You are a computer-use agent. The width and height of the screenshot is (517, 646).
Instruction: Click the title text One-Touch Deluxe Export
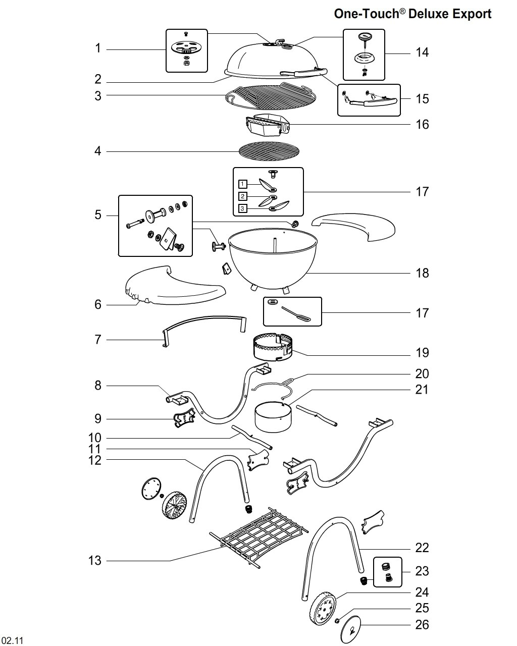coord(412,14)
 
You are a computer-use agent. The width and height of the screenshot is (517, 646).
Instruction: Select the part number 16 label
coord(422,124)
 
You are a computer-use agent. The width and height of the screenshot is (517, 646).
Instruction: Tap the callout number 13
coord(95,560)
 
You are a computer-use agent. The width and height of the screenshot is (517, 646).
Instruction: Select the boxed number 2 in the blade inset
coord(243,196)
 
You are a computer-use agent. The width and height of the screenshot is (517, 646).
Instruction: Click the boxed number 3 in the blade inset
coord(243,208)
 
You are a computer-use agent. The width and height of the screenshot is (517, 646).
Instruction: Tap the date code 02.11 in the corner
coord(16,641)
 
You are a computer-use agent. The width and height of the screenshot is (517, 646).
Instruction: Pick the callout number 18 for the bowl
coord(422,273)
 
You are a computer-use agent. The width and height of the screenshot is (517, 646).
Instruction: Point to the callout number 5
coord(98,215)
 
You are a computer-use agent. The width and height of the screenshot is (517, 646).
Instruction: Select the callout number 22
coord(422,548)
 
